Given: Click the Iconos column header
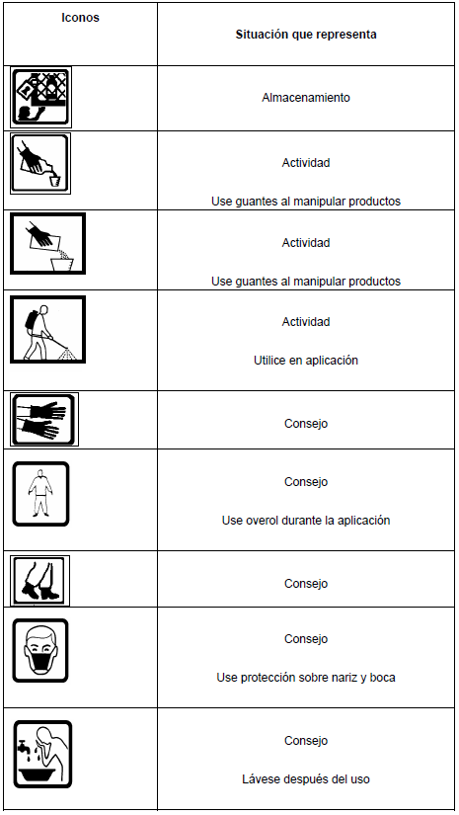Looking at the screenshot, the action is (80, 18).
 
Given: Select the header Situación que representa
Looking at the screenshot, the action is (306, 35).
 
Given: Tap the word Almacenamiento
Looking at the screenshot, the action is (306, 97).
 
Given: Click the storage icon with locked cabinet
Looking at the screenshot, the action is (41, 97).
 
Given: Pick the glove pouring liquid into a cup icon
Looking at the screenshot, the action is (40, 164).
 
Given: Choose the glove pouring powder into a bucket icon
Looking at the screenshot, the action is (47, 243).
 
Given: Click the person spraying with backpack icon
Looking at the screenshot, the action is (47, 330).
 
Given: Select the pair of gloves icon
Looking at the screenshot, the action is (44, 420).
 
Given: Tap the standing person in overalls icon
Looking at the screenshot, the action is (40, 494).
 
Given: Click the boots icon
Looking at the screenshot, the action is (40, 581).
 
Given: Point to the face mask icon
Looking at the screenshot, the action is (40, 650).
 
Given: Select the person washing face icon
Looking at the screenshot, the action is (42, 754).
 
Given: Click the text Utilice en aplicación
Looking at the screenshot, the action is (306, 361).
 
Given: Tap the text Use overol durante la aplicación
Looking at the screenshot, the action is (306, 521).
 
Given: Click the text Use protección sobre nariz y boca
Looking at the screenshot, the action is (306, 678).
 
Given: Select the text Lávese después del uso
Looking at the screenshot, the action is (306, 779).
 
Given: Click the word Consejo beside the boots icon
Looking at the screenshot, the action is (306, 584).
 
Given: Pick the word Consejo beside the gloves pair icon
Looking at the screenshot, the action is (306, 424).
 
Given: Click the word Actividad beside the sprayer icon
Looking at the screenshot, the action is (306, 322).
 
